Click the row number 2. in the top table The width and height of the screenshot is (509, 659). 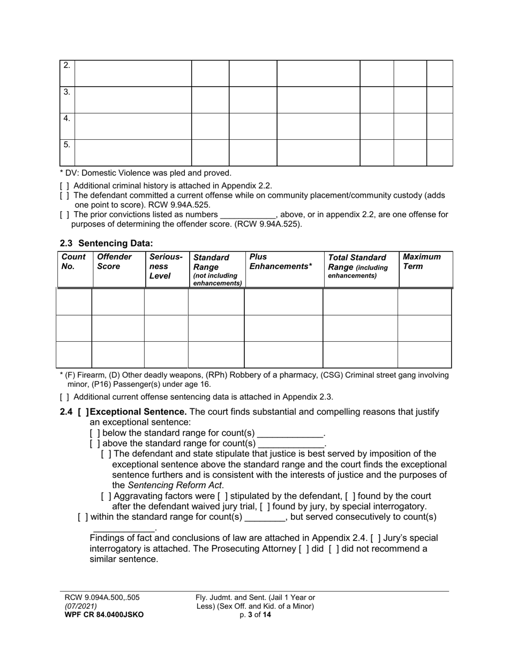pos(66,66)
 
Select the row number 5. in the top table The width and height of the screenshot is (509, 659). pos(66,145)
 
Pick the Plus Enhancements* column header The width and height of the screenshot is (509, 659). pos(281,262)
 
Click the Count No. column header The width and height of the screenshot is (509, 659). pos(73,262)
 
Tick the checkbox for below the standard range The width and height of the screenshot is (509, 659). pos(95,433)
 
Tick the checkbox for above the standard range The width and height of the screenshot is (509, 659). pos(95,444)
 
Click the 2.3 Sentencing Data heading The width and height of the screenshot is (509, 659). pos(106,243)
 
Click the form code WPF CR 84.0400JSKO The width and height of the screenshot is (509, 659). pos(104,615)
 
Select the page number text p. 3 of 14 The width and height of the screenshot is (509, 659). pos(255,615)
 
